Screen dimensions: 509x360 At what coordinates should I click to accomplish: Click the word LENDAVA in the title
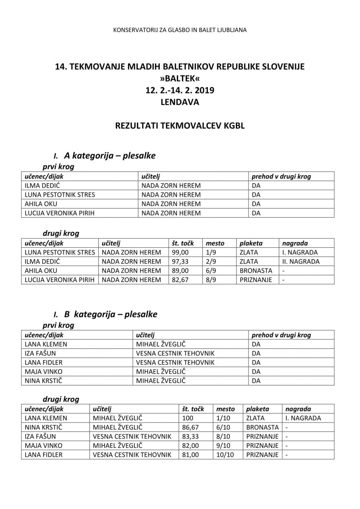(180, 102)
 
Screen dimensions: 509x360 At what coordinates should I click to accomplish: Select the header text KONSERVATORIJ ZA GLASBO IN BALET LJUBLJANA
(180, 30)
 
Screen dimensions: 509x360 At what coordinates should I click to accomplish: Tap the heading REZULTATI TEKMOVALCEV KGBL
(180, 126)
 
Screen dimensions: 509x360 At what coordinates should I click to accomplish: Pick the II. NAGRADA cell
(300, 262)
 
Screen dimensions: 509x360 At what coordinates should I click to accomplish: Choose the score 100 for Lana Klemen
(187, 418)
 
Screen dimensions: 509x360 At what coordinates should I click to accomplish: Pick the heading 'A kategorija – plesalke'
(109, 156)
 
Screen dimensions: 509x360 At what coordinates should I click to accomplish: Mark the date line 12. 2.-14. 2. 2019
(180, 90)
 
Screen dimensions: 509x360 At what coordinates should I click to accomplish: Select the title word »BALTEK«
(180, 78)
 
